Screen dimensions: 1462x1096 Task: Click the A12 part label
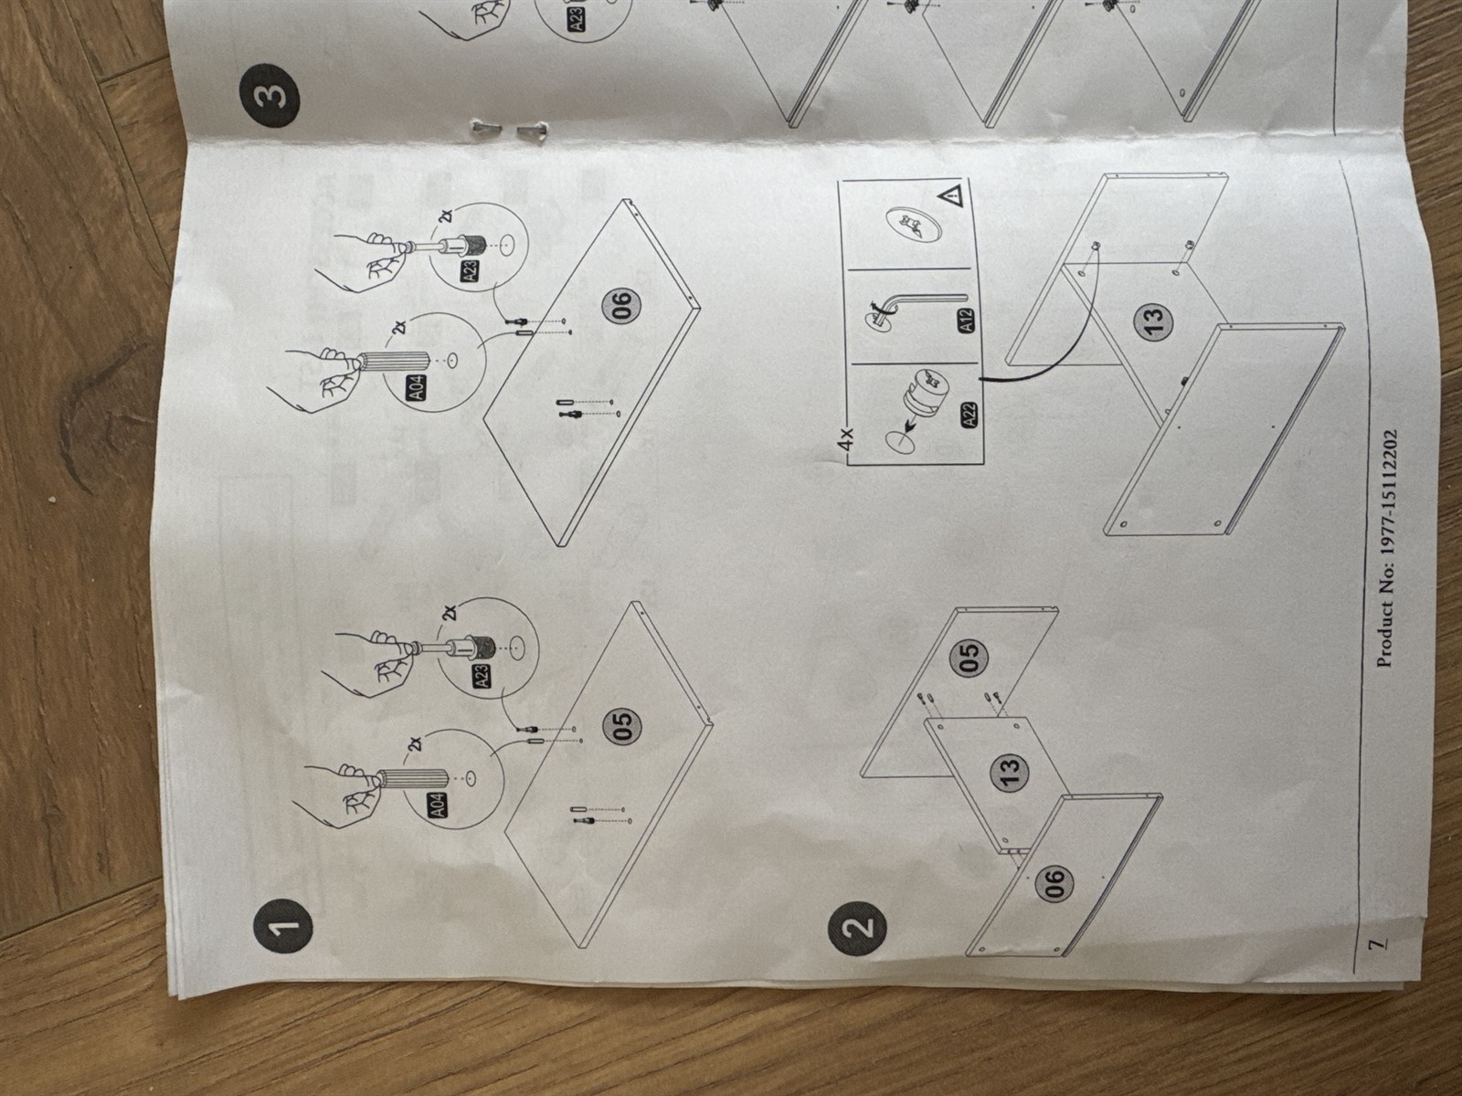point(967,321)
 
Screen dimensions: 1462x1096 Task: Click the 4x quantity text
point(845,440)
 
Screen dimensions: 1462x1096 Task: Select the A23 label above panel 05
point(482,676)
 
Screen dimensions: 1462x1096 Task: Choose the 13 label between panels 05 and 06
point(1010,773)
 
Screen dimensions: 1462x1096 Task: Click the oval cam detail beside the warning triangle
point(908,227)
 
